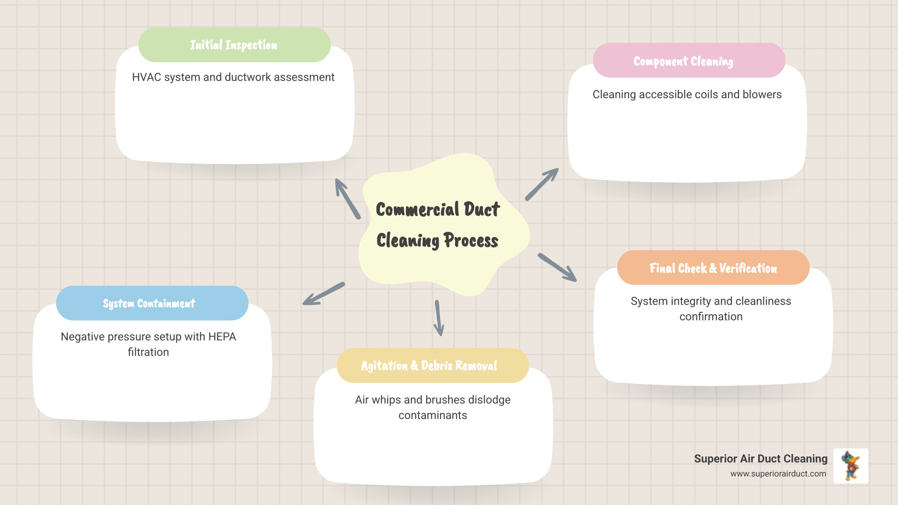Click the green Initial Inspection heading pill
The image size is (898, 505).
pyautogui.click(x=234, y=45)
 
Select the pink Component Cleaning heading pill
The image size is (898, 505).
pyautogui.click(x=688, y=61)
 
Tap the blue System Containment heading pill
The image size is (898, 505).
pyautogui.click(x=152, y=303)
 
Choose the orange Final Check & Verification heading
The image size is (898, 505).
pyautogui.click(x=713, y=268)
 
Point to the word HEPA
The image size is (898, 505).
pyautogui.click(x=222, y=337)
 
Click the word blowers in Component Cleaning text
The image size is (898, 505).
pyautogui.click(x=762, y=94)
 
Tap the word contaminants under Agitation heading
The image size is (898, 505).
pyautogui.click(x=433, y=415)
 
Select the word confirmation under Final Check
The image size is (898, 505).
pyautogui.click(x=711, y=317)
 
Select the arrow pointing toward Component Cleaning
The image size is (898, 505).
pyautogui.click(x=542, y=184)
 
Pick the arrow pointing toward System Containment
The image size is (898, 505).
pyautogui.click(x=323, y=294)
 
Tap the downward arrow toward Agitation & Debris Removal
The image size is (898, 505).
pyautogui.click(x=438, y=318)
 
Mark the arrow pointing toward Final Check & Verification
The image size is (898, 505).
pyautogui.click(x=558, y=267)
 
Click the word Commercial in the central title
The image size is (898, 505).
pyautogui.click(x=418, y=209)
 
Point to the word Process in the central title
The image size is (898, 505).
pyautogui.click(x=471, y=240)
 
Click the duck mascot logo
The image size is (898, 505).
pyautogui.click(x=851, y=466)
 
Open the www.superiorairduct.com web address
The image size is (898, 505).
pyautogui.click(x=778, y=474)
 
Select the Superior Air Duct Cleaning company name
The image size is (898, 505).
pyautogui.click(x=760, y=459)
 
